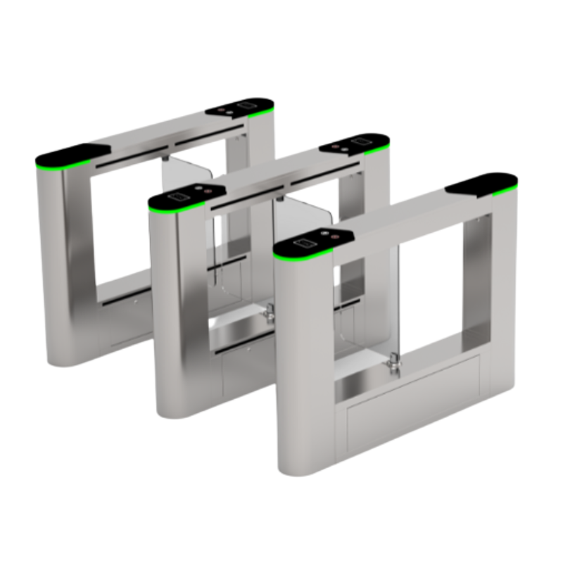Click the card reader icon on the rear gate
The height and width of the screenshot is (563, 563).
click(x=246, y=106)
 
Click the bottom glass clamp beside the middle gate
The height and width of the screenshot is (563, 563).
click(x=270, y=315)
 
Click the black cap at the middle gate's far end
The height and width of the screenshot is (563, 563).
click(x=355, y=145)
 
